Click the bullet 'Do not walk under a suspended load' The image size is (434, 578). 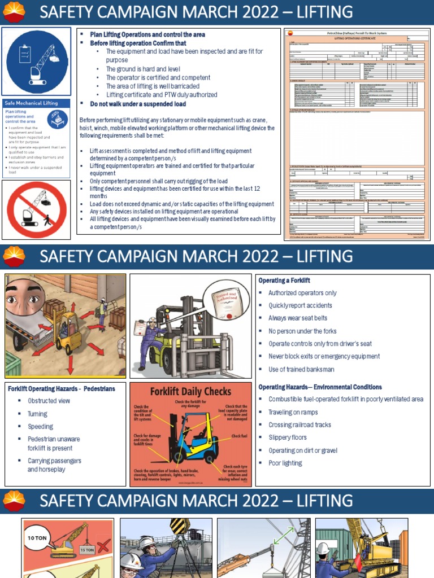(138, 104)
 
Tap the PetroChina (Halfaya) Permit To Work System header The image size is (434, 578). (358, 34)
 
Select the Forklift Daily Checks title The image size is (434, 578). (190, 391)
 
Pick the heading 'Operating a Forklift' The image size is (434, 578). (284, 281)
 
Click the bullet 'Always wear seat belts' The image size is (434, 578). (298, 318)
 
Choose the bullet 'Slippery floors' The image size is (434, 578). (288, 437)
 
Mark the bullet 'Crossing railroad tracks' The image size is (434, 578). (300, 425)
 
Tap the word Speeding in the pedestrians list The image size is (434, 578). (40, 427)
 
